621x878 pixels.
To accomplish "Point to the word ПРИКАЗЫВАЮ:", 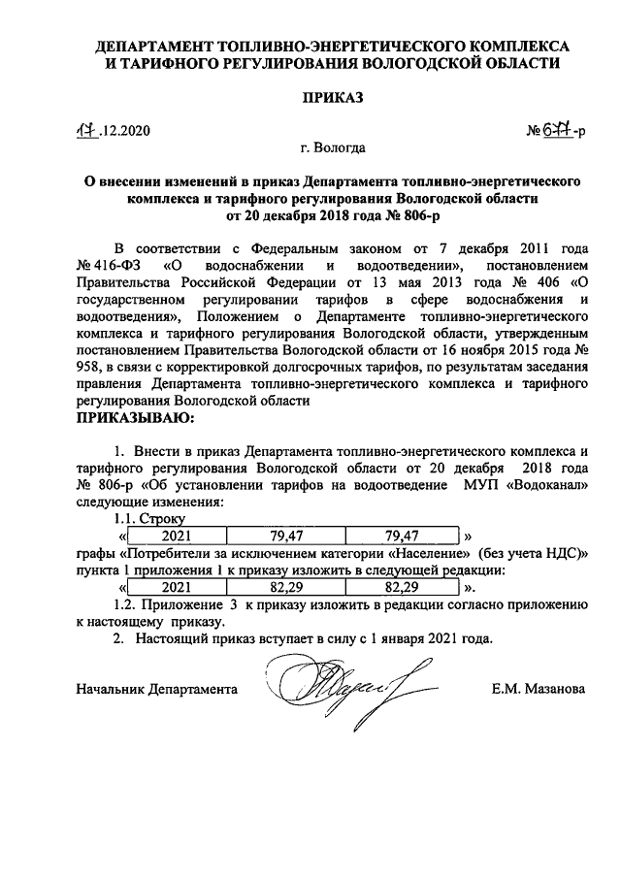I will coord(135,418).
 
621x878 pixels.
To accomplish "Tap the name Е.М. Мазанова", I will coord(538,689).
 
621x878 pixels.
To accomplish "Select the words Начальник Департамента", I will coord(156,689).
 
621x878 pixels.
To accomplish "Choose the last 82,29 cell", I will coord(402,587).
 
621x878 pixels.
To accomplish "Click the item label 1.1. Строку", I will coord(143,519).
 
